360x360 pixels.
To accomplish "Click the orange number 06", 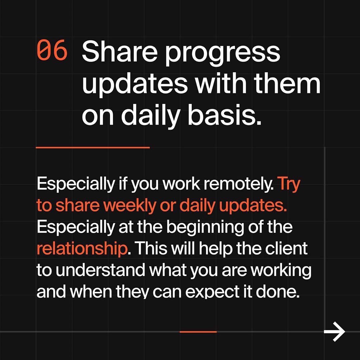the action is (x=52, y=50).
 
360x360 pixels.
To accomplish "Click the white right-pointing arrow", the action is (x=334, y=332).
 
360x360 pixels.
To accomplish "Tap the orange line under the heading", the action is (x=93, y=148).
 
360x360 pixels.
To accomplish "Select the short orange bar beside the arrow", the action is (x=198, y=332).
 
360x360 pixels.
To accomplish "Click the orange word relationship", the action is (x=82, y=249).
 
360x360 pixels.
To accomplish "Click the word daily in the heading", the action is (x=150, y=116).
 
